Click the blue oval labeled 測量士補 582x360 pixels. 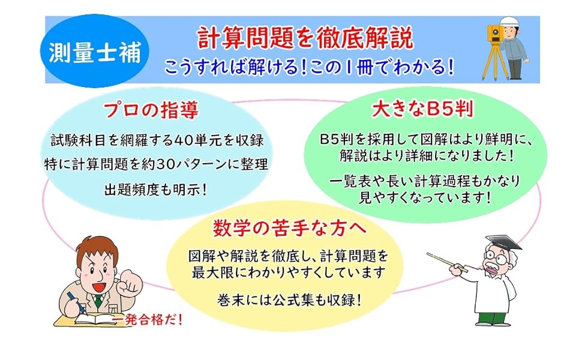pos(95,52)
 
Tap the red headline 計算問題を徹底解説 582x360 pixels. pos(305,38)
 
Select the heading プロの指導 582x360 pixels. pos(151,110)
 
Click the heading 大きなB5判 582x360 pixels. pos(422,109)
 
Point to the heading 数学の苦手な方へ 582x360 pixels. pos(290,227)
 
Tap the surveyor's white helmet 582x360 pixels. pos(509,21)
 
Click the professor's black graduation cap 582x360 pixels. pos(503,242)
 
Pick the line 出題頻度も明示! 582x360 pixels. pos(155,190)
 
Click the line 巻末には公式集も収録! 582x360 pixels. pos(289,300)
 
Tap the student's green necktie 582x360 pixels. pos(98,301)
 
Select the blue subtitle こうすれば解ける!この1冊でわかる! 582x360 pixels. pos(309,68)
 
